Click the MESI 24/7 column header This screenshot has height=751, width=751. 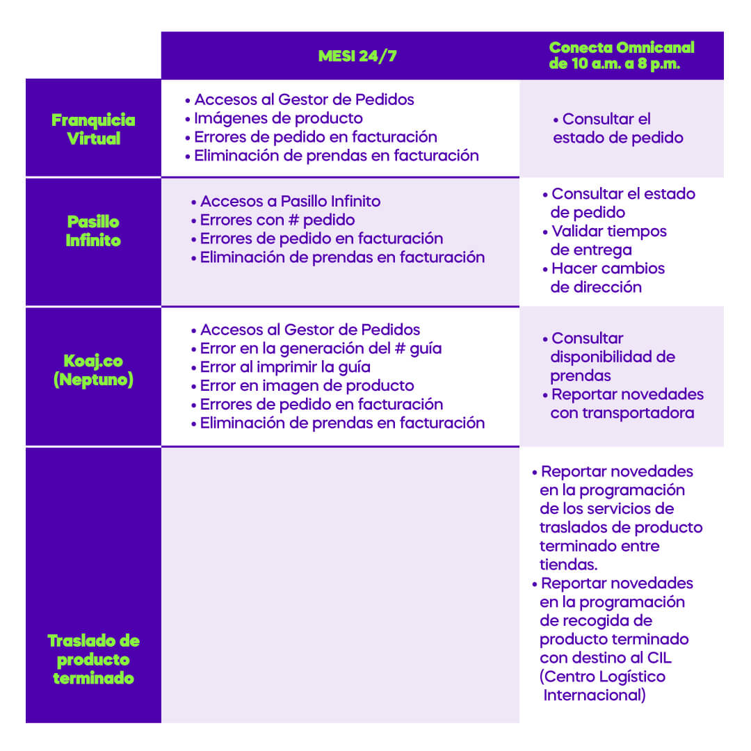tap(357, 56)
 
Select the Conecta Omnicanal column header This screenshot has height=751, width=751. tap(621, 56)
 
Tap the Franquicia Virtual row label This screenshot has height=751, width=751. tap(93, 129)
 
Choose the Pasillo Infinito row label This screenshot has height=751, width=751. tap(93, 231)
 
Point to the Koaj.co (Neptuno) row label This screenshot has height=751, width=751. tap(93, 370)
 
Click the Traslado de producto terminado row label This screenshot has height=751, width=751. tap(93, 659)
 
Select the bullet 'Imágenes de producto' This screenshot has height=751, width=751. tap(274, 118)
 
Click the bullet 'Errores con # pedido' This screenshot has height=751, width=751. tap(273, 220)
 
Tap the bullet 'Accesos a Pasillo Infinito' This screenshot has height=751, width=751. tap(286, 201)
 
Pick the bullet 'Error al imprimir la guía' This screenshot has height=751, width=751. tap(281, 367)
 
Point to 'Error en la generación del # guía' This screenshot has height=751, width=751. tap(316, 348)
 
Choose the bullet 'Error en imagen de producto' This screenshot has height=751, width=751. tap(302, 385)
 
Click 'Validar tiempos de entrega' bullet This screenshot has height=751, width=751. tap(604, 241)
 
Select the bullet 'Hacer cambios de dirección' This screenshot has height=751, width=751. tap(604, 277)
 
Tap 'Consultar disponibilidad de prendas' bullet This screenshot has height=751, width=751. tap(608, 357)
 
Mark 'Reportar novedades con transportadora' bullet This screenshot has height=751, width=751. tap(622, 403)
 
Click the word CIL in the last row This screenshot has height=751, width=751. tap(659, 658)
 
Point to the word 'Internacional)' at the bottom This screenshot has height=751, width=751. tap(595, 695)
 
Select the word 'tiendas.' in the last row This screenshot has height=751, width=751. tap(569, 565)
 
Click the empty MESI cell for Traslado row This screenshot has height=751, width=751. tap(340, 586)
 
